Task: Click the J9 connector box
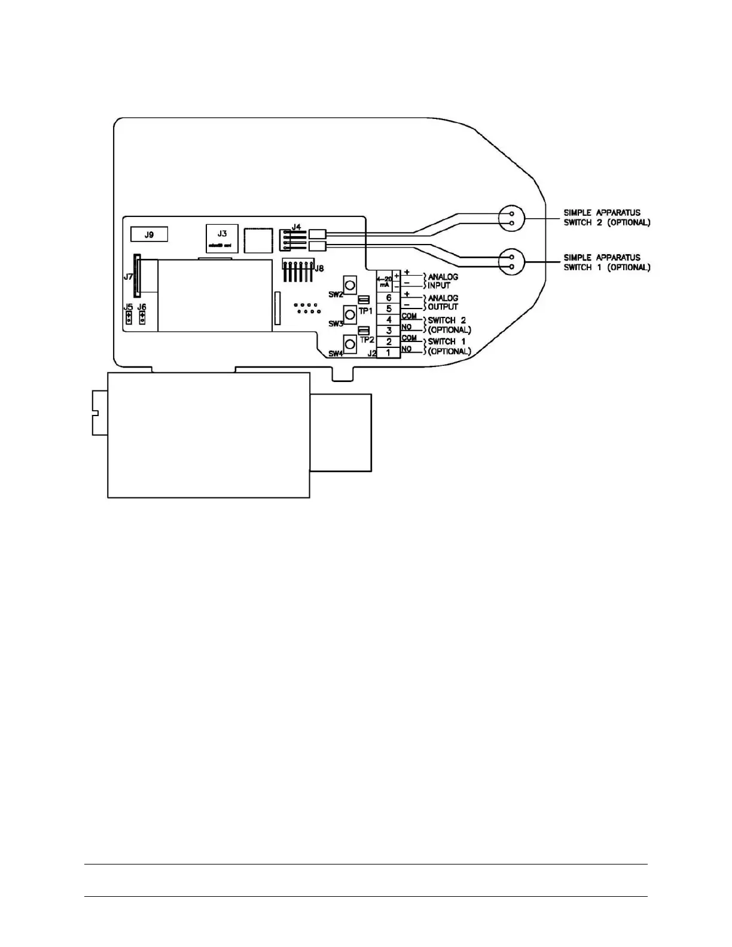[149, 234]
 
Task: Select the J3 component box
[222, 239]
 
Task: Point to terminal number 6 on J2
[389, 298]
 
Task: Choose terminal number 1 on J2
[389, 353]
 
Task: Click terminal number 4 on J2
[389, 320]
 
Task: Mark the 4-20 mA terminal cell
[385, 282]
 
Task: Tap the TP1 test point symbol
[363, 300]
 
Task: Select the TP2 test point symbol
[363, 330]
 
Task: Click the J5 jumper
[129, 318]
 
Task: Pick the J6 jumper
[142, 318]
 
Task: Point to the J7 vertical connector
[137, 274]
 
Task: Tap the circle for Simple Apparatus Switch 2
[511, 218]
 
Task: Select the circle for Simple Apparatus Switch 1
[511, 262]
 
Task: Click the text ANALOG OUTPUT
[443, 303]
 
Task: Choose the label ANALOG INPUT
[443, 281]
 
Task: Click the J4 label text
[296, 227]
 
